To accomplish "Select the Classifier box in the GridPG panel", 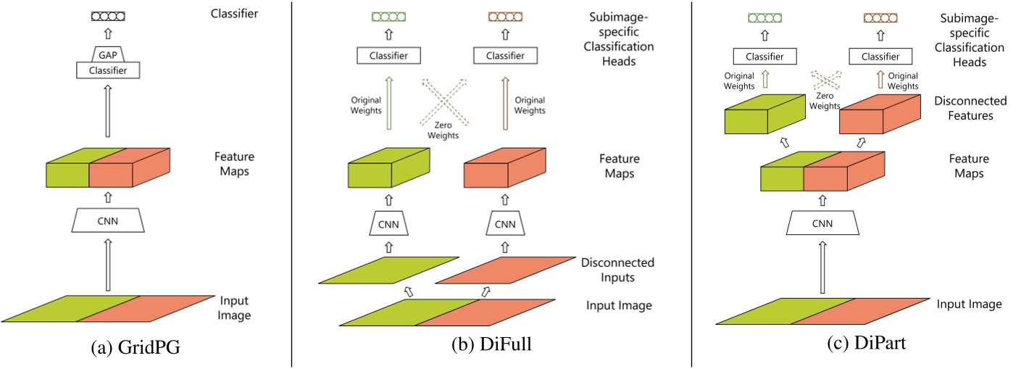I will point(107,70).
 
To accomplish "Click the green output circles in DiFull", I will point(388,16).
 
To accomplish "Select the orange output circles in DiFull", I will point(504,16).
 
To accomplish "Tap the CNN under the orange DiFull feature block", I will point(504,224).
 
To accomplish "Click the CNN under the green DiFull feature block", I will point(388,224).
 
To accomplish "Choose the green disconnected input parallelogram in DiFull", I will point(388,270).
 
